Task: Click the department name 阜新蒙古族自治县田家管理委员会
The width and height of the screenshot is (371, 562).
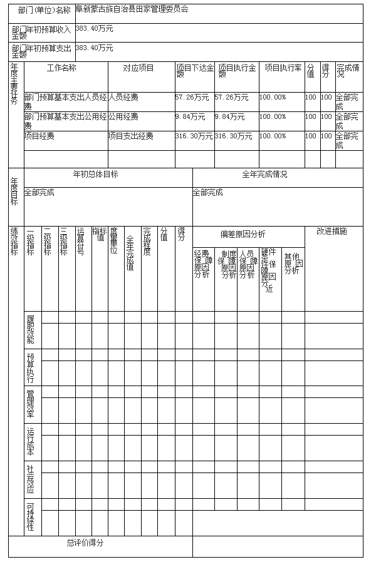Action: pyautogui.click(x=132, y=10)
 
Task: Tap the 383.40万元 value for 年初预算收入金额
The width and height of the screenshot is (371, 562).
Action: pyautogui.click(x=94, y=29)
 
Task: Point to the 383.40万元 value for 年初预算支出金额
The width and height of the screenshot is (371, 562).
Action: pyautogui.click(x=94, y=48)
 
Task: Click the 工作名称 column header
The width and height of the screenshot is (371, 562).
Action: pyautogui.click(x=61, y=68)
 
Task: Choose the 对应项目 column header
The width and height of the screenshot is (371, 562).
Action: pyautogui.click(x=138, y=68)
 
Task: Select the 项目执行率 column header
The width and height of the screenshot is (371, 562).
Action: pyautogui.click(x=282, y=68)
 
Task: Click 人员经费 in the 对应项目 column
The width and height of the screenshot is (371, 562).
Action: pyautogui.click(x=123, y=98)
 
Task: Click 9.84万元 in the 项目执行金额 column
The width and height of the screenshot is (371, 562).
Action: pyautogui.click(x=229, y=117)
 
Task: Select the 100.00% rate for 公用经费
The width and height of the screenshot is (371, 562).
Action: pyautogui.click(x=273, y=117)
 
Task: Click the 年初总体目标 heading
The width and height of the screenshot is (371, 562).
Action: pyautogui.click(x=96, y=175)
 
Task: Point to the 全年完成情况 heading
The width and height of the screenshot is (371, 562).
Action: pyautogui.click(x=264, y=175)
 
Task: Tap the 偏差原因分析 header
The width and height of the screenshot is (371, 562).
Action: pyautogui.click(x=243, y=234)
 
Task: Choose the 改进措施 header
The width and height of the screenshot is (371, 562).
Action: pyautogui.click(x=332, y=232)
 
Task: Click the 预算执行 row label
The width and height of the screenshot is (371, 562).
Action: pyautogui.click(x=31, y=367)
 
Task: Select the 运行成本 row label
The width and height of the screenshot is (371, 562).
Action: pyautogui.click(x=31, y=442)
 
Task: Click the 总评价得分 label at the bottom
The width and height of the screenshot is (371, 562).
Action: pyautogui.click(x=85, y=543)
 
